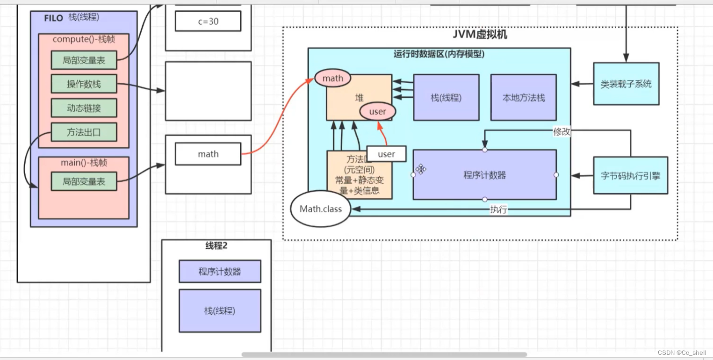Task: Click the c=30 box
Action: pos(208,21)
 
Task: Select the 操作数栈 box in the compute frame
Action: pos(84,84)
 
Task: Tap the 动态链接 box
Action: pos(84,108)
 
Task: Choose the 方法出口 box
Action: pos(84,132)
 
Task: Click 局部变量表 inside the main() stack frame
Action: pos(84,181)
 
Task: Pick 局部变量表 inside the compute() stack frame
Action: pos(84,60)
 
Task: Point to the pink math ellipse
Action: pos(333,79)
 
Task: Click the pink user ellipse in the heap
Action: pos(377,112)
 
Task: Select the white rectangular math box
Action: pos(208,154)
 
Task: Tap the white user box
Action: pos(386,154)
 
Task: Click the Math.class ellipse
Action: pos(321,209)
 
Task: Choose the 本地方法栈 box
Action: pos(523,98)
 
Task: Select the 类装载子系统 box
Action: pos(626,84)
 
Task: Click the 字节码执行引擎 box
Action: pos(630,176)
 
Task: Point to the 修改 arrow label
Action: pos(562,132)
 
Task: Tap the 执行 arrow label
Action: pos(498,209)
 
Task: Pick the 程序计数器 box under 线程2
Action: pos(220,272)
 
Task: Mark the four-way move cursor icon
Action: pos(421,169)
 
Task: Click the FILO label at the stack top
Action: pos(54,18)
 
